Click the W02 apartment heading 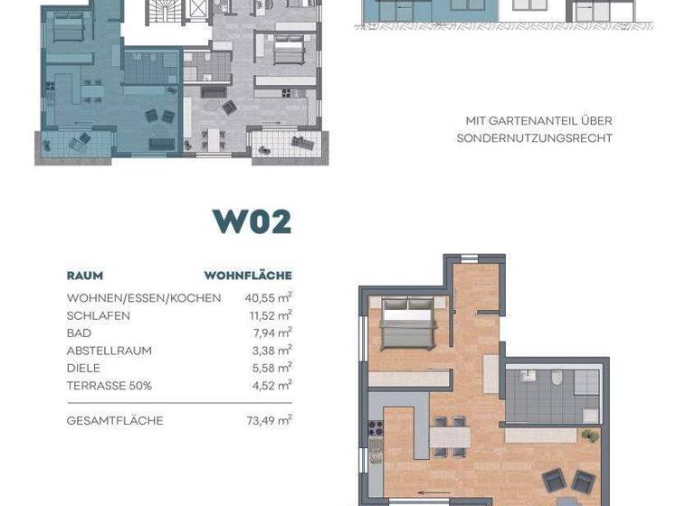click(252, 221)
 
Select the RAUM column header click(84, 276)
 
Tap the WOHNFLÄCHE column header click(248, 276)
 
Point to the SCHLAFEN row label click(98, 315)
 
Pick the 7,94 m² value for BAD click(271, 333)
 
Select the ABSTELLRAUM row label click(109, 351)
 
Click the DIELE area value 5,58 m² click(271, 368)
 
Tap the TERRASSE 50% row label click(109, 386)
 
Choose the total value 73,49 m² click(268, 420)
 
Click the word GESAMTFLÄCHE click(115, 420)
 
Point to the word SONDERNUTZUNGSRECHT click(535, 138)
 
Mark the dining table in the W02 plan click(449, 437)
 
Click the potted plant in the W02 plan click(589, 436)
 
